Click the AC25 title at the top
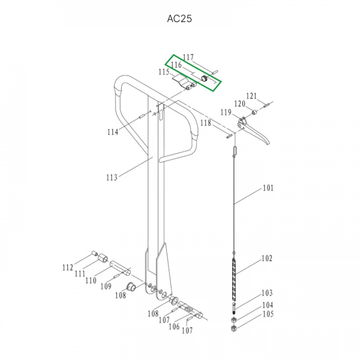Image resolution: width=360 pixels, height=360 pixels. [x=179, y=18]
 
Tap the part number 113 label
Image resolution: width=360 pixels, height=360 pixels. [x=112, y=177]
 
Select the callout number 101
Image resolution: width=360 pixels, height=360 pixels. [x=268, y=188]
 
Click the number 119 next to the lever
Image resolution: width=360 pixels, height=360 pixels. [x=225, y=112]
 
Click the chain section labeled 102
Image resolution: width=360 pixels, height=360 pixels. [x=234, y=279]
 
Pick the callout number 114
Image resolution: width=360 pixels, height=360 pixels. [x=112, y=132]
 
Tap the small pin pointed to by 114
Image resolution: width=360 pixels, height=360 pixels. [x=141, y=116]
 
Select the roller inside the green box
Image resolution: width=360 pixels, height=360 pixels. [x=204, y=78]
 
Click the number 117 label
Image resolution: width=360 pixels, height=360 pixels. [x=188, y=57]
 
